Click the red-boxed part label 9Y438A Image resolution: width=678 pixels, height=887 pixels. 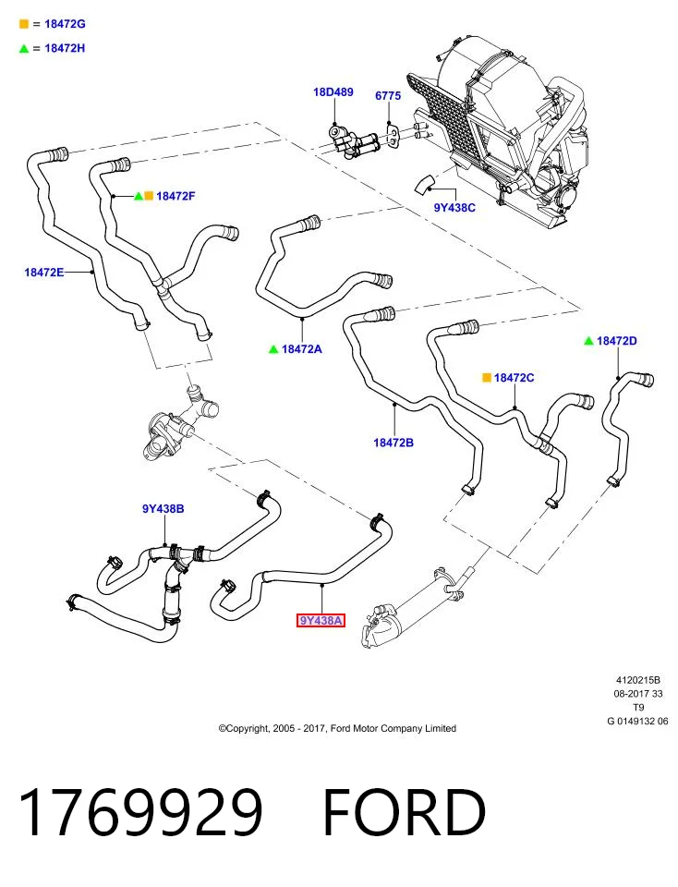point(321,621)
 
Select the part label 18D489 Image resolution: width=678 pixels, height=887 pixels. point(333,91)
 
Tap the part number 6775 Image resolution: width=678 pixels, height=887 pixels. point(388,95)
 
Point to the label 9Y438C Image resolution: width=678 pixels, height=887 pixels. point(454,208)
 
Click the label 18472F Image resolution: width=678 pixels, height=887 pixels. point(176,196)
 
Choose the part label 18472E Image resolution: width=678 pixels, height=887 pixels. point(44,272)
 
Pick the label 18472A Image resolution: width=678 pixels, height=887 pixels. point(301,349)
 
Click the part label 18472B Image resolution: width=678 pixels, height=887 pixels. point(393,443)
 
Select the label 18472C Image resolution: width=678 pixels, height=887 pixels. point(514,377)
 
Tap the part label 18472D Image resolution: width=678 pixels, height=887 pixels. point(616,341)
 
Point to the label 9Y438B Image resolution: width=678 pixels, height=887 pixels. point(163,508)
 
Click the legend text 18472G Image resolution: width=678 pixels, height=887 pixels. point(65,24)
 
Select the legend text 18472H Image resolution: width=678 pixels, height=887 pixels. point(65,48)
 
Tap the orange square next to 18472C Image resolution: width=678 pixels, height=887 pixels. point(486,377)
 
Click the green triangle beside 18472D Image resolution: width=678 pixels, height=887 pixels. point(588,341)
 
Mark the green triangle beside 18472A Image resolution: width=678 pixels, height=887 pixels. point(273,349)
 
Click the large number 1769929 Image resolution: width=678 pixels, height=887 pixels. point(140,812)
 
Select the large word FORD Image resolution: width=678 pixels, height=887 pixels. point(405,812)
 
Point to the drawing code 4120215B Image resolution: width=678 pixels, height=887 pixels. point(638,680)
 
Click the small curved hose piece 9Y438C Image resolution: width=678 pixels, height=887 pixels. point(425,183)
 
